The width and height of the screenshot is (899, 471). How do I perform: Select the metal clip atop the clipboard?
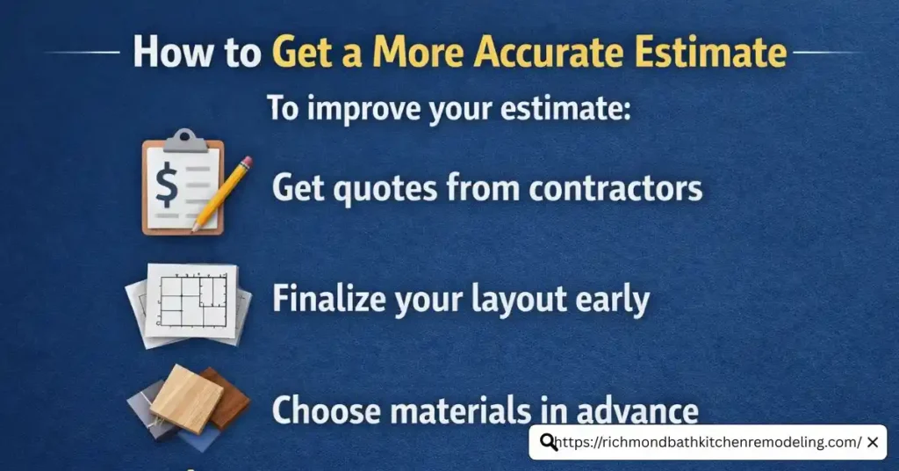coord(183,138)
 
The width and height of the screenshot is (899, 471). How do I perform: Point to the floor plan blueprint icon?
coord(189,301)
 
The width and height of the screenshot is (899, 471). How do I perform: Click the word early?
coord(612,301)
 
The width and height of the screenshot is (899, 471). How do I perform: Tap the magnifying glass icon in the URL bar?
coord(549,443)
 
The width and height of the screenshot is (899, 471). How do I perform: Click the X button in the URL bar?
coord(872,443)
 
